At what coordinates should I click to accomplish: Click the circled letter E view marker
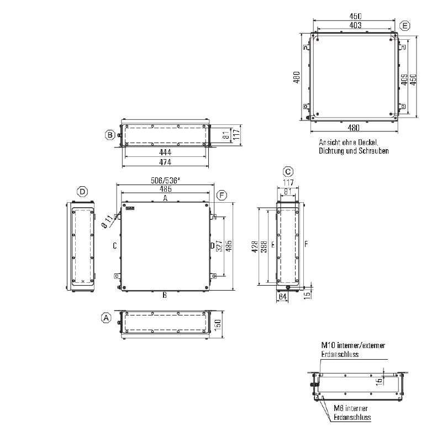point(405,26)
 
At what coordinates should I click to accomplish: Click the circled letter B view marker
point(110,135)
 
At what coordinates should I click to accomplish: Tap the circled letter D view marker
point(82,192)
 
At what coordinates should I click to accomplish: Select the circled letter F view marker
point(222,196)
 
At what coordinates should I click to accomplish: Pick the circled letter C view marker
point(288,172)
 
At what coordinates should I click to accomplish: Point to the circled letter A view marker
point(106,318)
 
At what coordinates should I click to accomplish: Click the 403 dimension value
point(355,25)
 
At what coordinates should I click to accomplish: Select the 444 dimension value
point(165,152)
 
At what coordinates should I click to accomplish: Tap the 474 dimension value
point(165,162)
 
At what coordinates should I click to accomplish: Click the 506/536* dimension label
point(165,181)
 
